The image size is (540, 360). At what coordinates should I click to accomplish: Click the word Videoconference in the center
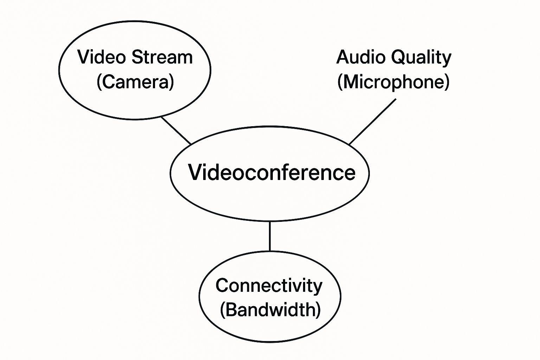click(x=272, y=172)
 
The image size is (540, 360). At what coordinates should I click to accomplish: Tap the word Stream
click(x=162, y=57)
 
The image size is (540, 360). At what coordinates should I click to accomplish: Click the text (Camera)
click(x=135, y=82)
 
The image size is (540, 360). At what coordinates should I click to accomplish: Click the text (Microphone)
click(x=393, y=82)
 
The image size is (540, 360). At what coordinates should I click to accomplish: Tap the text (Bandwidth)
click(x=270, y=309)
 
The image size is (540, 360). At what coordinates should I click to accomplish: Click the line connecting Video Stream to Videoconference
click(x=176, y=130)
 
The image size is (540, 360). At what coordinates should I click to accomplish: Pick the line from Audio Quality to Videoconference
click(x=372, y=122)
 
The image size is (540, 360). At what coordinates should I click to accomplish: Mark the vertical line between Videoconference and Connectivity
click(x=270, y=236)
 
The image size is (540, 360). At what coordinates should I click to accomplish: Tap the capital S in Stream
click(x=138, y=57)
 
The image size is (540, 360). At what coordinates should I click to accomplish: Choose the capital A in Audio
click(x=343, y=57)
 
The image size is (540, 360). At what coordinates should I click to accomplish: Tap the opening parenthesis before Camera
click(x=99, y=82)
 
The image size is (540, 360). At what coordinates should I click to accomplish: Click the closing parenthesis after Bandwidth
click(x=319, y=310)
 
